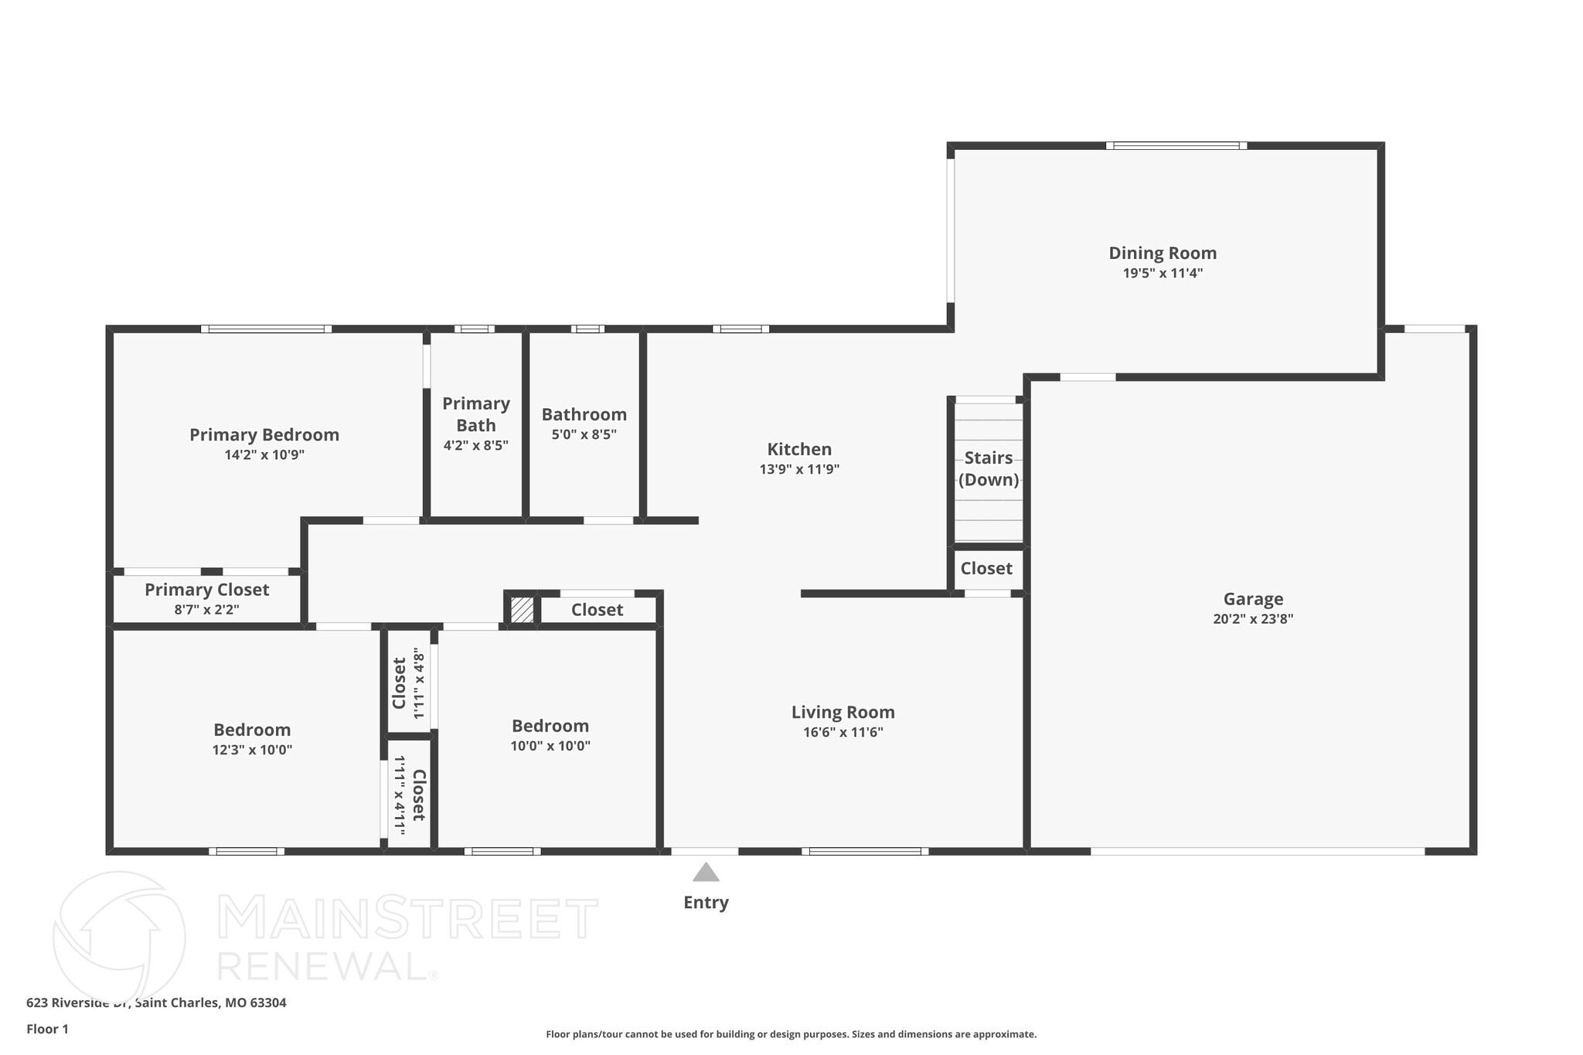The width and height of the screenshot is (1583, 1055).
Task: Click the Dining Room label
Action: (1162, 254)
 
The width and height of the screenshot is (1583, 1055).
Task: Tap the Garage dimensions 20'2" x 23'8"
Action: (1252, 619)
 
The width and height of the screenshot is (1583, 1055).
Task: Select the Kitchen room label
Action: (798, 450)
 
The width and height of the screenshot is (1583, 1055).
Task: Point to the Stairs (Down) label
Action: (988, 468)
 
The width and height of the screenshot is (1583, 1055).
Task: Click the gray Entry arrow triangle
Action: (705, 873)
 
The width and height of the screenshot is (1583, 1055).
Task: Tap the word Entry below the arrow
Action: (705, 903)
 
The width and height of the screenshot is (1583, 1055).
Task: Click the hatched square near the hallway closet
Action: (522, 609)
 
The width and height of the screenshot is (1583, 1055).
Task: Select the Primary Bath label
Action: (475, 414)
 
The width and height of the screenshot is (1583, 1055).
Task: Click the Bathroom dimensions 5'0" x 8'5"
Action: (584, 435)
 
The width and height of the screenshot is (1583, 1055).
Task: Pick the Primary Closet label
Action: (206, 590)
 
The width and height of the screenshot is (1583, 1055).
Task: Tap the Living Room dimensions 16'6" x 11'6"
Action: (843, 733)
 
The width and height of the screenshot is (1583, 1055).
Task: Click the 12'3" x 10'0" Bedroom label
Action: (252, 730)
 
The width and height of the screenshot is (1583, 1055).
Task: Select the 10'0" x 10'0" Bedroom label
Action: (550, 727)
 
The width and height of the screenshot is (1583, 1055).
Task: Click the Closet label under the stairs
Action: (986, 569)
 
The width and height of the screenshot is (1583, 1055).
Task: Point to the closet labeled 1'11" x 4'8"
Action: (408, 683)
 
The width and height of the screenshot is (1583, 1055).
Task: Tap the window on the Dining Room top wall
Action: (1175, 145)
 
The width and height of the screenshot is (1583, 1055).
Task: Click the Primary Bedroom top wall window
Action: (266, 329)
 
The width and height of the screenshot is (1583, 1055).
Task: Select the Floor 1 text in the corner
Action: (47, 1029)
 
